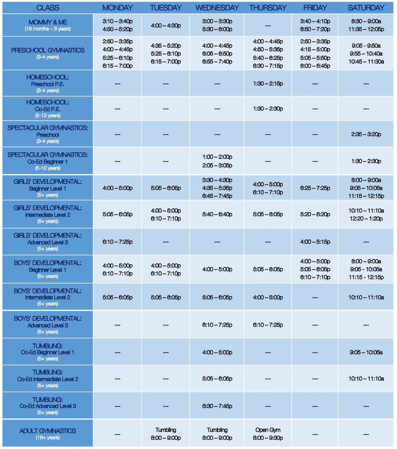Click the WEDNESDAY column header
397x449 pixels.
click(x=217, y=8)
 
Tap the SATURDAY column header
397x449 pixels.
click(x=366, y=8)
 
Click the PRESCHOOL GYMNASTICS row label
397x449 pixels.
click(x=48, y=50)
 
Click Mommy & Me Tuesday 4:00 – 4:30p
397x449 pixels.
click(x=166, y=25)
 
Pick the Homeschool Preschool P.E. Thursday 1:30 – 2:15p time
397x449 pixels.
click(x=268, y=84)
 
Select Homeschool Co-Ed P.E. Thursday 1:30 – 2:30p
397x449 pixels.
click(x=268, y=109)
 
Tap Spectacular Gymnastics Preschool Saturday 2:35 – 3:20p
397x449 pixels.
click(x=366, y=134)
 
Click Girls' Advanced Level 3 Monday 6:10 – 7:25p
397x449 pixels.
click(x=117, y=242)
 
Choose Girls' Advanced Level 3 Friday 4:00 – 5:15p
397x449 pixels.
click(x=315, y=242)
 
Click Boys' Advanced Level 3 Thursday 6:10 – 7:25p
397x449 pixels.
click(x=268, y=325)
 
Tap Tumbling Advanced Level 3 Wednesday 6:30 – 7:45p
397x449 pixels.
click(x=217, y=406)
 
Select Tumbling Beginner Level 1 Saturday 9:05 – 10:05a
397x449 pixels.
click(x=366, y=352)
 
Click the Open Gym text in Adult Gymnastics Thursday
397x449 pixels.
click(x=268, y=430)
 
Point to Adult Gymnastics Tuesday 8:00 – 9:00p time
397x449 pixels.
click(x=166, y=438)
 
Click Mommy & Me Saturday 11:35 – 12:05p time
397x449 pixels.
click(x=366, y=29)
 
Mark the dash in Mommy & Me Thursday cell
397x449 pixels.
click(x=268, y=26)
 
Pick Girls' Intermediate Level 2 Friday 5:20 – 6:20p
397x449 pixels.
click(x=315, y=214)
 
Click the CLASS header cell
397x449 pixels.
click(x=48, y=8)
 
